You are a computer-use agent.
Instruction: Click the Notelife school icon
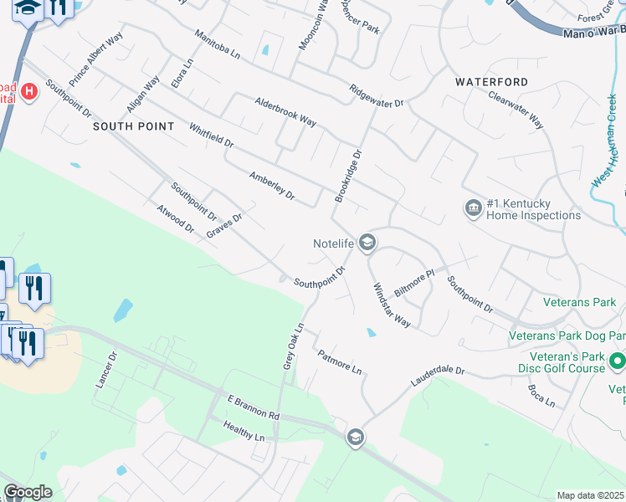tap(367, 243)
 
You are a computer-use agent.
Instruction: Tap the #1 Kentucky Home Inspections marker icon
tap(473, 207)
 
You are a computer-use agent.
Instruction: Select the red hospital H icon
tap(29, 90)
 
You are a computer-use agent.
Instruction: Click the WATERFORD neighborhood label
tap(491, 82)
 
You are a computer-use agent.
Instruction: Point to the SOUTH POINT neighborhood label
tap(133, 126)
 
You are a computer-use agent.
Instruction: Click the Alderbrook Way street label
tap(285, 110)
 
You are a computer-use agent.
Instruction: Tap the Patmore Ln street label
tap(339, 361)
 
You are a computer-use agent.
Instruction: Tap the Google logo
tap(28, 492)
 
